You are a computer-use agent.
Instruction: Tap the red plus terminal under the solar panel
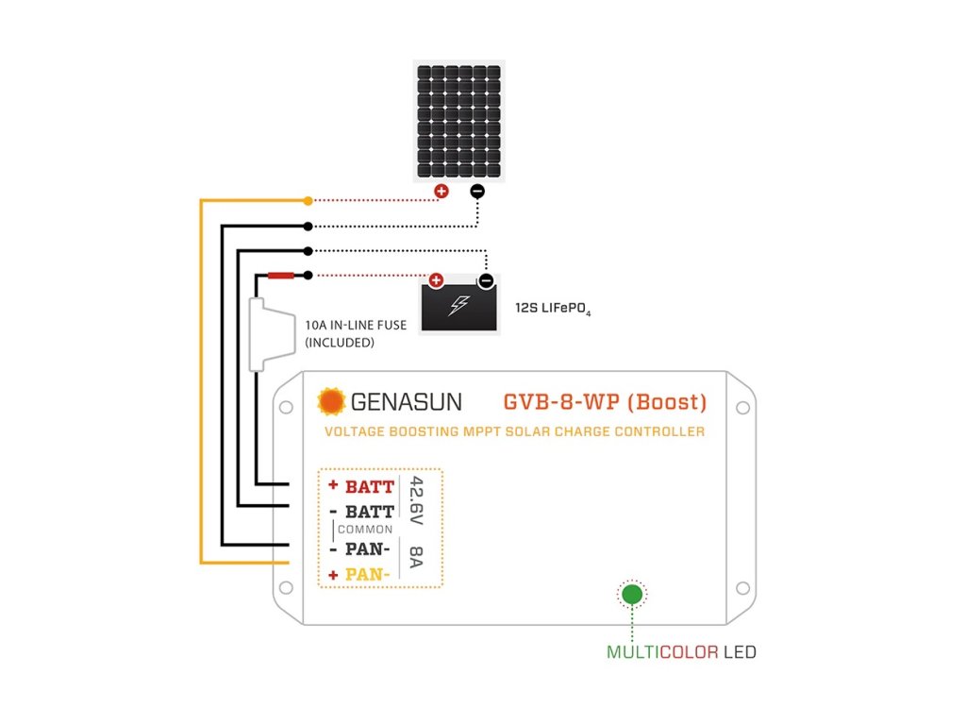coord(441,192)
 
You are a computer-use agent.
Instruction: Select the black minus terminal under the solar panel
coord(476,192)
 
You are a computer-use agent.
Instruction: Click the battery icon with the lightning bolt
coord(459,306)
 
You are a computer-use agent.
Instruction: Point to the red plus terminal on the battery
coord(436,280)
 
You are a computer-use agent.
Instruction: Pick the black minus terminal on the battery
coord(485,280)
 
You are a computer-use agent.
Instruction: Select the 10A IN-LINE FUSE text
coord(356,326)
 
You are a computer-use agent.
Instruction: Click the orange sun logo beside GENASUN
coord(331,402)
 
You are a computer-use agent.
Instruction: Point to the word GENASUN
coord(407,402)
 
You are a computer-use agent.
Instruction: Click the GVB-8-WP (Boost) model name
coord(605,402)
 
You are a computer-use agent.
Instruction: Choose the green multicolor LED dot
coord(631,595)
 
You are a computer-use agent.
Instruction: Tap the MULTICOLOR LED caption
coord(681,651)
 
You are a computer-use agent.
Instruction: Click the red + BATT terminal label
coord(361,487)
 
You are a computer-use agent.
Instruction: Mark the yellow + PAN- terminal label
coord(361,574)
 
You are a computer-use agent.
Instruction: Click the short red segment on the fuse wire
coord(281,276)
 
